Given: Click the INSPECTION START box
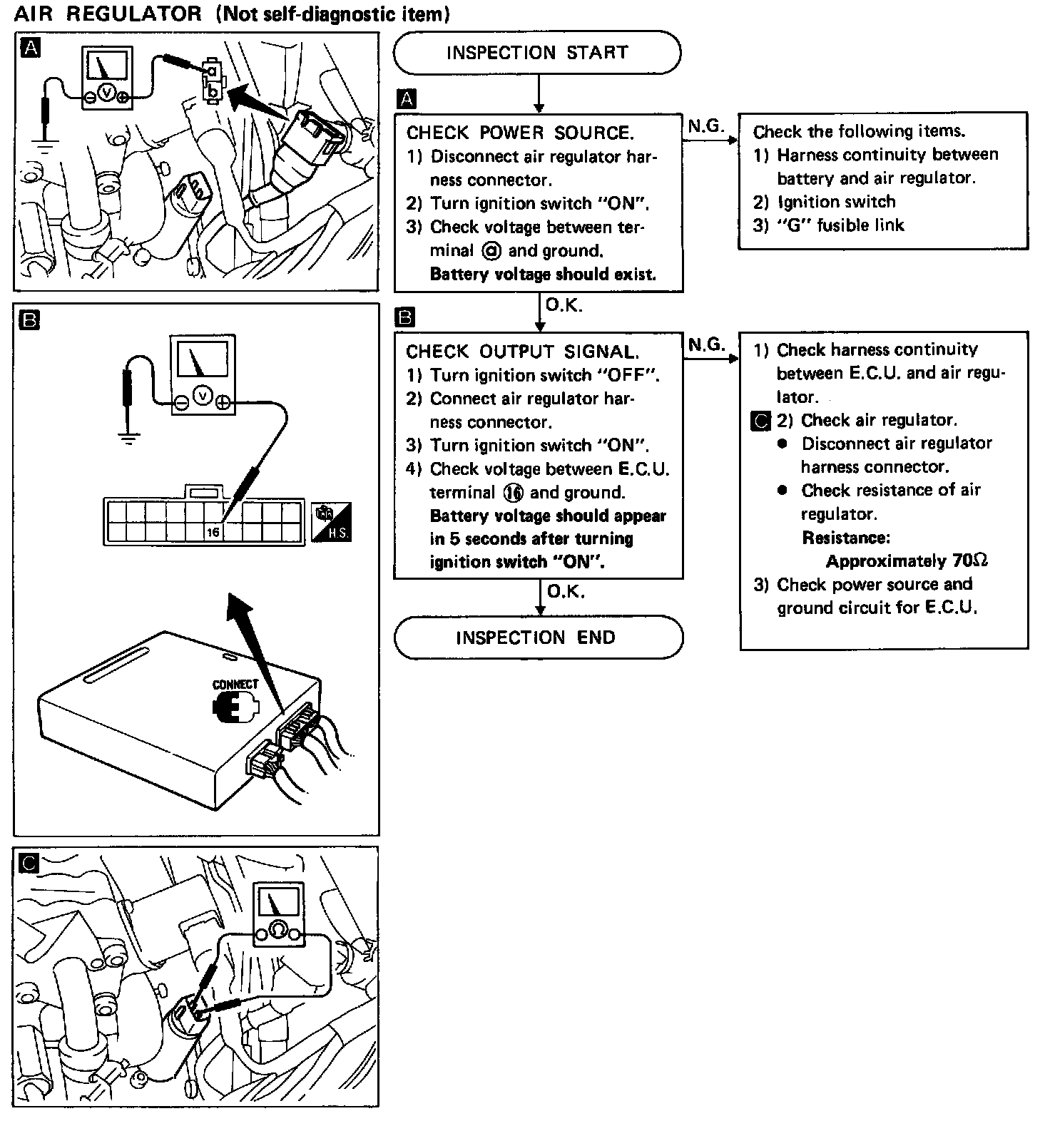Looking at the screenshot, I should click(536, 53).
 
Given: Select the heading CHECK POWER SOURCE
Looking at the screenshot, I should click(519, 133).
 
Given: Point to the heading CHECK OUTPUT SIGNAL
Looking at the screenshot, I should click(522, 352).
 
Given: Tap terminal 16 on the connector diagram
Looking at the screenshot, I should click(213, 532).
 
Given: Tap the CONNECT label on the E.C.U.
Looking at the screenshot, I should click(235, 685).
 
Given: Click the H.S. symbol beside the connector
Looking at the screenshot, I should click(332, 522).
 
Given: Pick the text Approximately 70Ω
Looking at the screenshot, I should click(907, 560).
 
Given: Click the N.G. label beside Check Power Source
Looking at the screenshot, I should click(706, 126).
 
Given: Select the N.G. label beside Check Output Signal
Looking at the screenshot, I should click(706, 345).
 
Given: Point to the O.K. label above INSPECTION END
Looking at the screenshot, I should click(565, 591).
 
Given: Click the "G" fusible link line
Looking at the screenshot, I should click(829, 225).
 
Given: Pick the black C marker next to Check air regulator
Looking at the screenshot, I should click(762, 421).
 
